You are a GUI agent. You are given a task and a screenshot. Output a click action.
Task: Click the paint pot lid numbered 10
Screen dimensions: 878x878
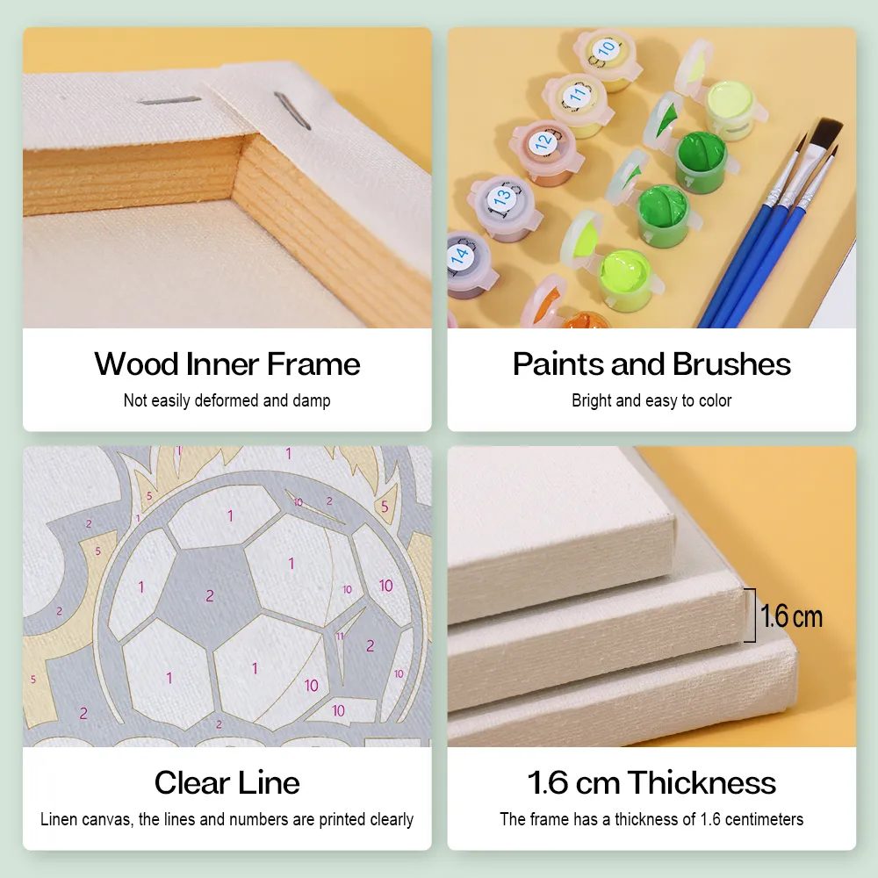[x=606, y=50]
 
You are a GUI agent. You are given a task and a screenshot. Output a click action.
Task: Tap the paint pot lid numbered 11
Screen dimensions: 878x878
[x=576, y=94]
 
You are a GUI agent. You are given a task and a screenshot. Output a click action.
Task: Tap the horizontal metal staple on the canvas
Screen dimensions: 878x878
[x=169, y=101]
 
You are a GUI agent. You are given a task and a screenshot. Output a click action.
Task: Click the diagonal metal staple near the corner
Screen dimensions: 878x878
[x=291, y=111]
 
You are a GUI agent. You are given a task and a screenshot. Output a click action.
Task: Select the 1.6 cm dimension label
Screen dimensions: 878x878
[x=791, y=616]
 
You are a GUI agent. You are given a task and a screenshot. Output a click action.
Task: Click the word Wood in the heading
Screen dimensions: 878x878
[x=136, y=364]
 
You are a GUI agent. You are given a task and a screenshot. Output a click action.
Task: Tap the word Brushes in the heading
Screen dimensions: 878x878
[x=731, y=364]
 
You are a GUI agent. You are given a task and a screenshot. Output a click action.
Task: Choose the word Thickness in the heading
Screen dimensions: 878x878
[x=701, y=782]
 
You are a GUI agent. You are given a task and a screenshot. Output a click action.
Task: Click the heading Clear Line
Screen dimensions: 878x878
[x=227, y=782]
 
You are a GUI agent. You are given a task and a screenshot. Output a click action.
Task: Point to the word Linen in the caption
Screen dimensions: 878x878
[x=59, y=819]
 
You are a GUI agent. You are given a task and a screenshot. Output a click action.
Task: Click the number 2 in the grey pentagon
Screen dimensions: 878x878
[x=210, y=596]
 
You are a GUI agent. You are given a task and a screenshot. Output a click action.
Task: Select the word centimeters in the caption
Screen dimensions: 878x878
[x=763, y=819]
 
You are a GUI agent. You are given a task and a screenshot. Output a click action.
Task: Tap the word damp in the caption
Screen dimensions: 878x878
[x=312, y=401]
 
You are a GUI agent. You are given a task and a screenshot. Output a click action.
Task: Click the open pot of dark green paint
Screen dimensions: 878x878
[x=700, y=155]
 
